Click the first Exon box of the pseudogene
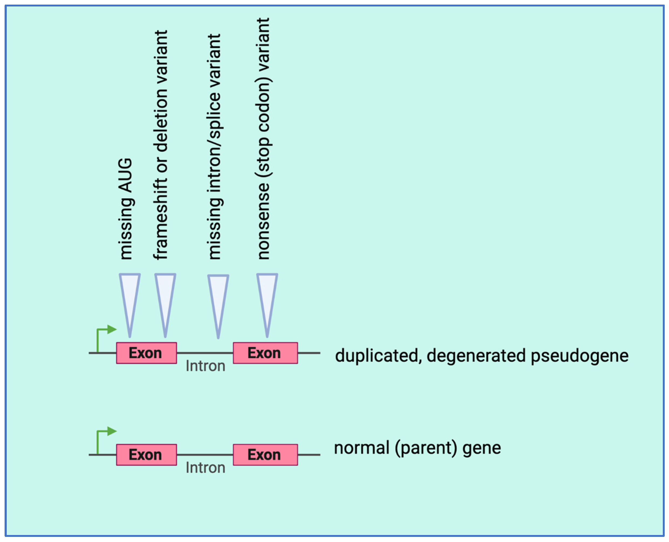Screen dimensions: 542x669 (146, 353)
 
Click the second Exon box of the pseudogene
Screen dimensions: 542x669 (265, 353)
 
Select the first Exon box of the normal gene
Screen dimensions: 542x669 (146, 455)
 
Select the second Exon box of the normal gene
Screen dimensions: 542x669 (265, 455)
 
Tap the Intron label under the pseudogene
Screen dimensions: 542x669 (205, 366)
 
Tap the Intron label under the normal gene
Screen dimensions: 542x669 (205, 468)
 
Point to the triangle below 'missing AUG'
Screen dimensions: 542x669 (130, 297)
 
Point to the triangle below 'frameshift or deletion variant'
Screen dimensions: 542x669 (165, 297)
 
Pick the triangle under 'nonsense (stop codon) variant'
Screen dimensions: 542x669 (267, 297)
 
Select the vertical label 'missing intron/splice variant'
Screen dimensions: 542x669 (215, 147)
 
